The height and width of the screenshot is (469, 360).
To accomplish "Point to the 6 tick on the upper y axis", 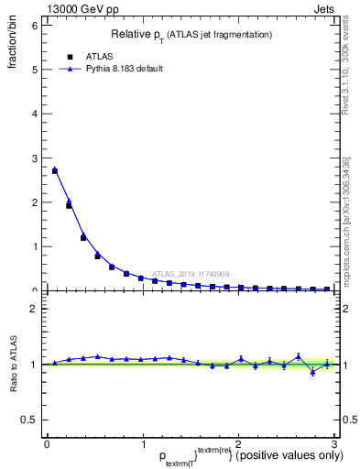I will (x=34, y=26).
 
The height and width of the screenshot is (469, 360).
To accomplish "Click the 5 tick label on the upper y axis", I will (x=34, y=70).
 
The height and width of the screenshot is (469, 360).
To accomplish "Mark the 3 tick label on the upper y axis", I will (x=34, y=158).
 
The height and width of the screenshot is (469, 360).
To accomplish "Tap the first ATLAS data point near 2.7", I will (x=55, y=170).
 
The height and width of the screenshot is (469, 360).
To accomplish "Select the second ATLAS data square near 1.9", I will (x=69, y=205).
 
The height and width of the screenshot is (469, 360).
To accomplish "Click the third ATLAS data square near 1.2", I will (x=83, y=237).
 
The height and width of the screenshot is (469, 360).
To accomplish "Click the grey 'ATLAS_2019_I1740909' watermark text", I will (x=192, y=273).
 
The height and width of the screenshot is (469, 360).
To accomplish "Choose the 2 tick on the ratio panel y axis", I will (x=34, y=309).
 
